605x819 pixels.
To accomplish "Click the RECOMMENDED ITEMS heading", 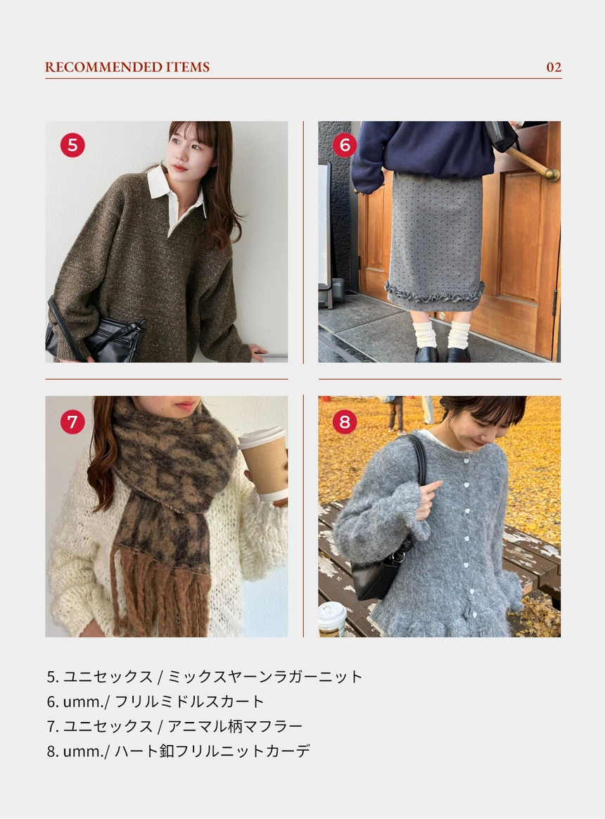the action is click(127, 67).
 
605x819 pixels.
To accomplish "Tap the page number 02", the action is click(554, 68).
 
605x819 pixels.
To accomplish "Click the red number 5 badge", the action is click(72, 145).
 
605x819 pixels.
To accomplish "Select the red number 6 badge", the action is click(345, 145).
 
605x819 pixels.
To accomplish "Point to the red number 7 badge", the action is click(72, 421).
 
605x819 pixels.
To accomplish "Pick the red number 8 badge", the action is click(345, 421).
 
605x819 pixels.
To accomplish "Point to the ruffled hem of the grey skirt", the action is click(435, 291).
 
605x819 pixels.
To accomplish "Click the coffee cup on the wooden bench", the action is click(332, 619).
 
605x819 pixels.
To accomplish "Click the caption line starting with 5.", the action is click(204, 676).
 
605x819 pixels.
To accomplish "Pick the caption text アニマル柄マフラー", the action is click(234, 726).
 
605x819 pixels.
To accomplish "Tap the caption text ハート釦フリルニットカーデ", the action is click(212, 751).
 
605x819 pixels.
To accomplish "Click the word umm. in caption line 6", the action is click(84, 702).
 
